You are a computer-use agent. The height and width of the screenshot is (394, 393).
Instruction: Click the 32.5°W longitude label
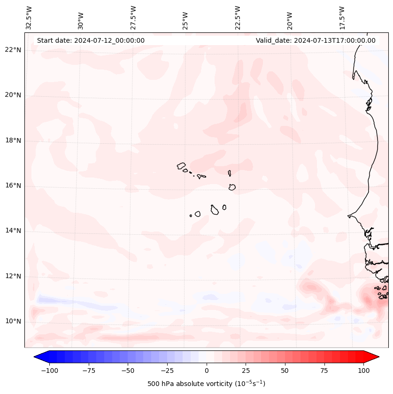click(29, 17)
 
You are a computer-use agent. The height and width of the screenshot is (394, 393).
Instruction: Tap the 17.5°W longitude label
click(342, 17)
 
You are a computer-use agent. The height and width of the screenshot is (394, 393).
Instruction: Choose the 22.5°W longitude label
click(238, 17)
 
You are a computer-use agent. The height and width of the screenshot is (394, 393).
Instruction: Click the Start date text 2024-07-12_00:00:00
click(91, 40)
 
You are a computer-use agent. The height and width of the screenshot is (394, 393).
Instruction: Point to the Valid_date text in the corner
click(316, 40)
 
